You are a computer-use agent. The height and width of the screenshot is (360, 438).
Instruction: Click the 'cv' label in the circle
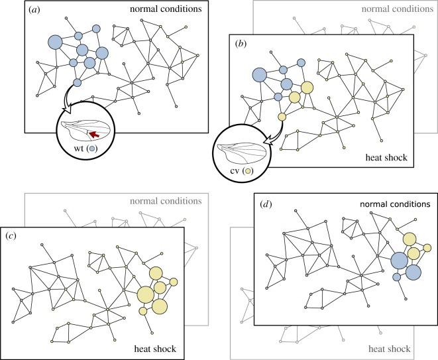point(232,171)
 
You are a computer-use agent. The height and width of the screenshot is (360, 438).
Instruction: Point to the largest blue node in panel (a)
point(54,42)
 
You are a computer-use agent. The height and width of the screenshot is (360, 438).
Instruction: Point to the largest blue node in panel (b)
point(259,74)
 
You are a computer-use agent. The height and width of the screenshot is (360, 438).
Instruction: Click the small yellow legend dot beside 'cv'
point(246,171)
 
